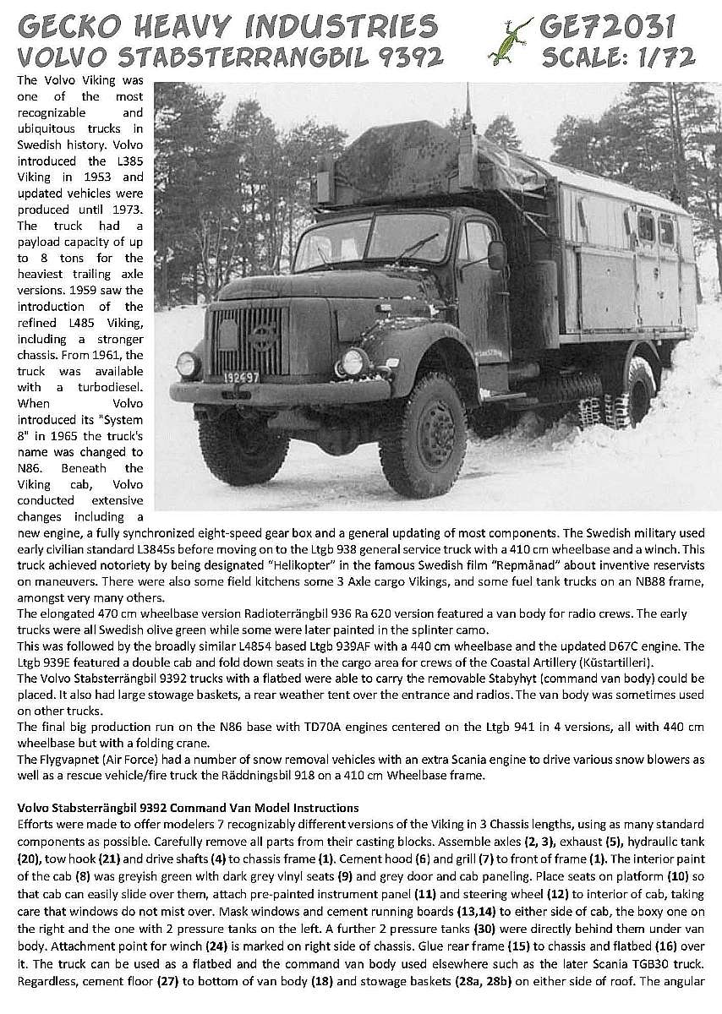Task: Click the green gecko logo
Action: pos(511,40)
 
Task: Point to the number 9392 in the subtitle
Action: pos(403,57)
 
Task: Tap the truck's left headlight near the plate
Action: pos(187,364)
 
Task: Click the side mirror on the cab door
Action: pos(497,254)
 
